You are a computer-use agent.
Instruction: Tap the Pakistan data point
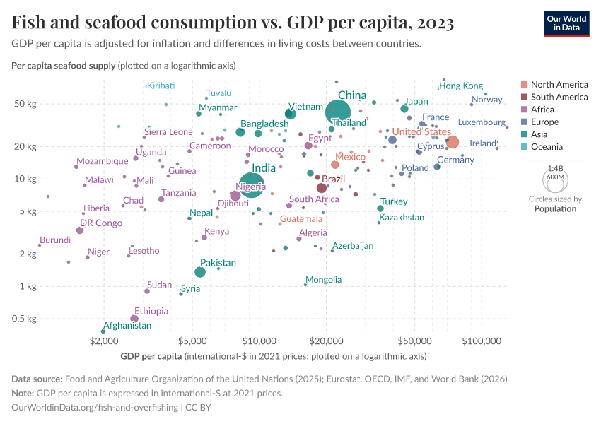click(x=200, y=272)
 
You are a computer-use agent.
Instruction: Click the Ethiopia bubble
click(x=134, y=319)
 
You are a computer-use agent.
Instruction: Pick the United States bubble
click(x=453, y=142)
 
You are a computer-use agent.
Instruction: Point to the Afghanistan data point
click(x=103, y=331)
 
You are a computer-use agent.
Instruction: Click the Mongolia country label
click(x=324, y=280)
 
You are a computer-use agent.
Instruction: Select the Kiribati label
click(x=161, y=86)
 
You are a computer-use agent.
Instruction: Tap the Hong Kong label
click(x=461, y=86)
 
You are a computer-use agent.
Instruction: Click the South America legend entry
click(x=559, y=97)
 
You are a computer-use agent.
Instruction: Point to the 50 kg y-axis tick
click(x=25, y=104)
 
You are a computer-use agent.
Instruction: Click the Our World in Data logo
click(x=566, y=23)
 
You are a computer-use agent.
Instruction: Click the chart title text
click(x=233, y=23)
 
